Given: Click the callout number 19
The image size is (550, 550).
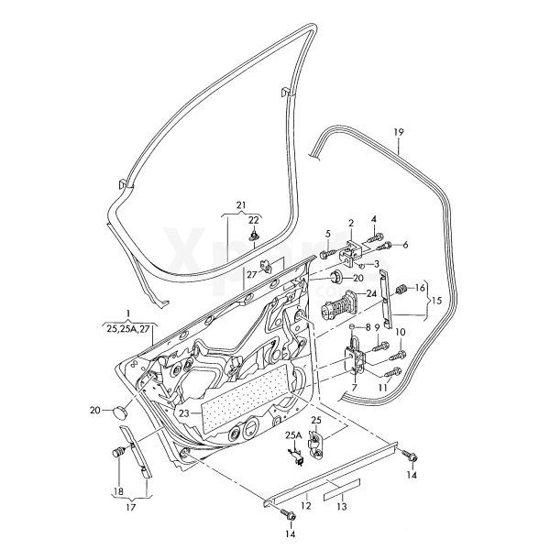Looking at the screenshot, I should pyautogui.click(x=399, y=133).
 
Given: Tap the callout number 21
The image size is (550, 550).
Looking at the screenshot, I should pyautogui.click(x=241, y=204).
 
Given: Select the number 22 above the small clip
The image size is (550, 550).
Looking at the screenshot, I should pyautogui.click(x=254, y=221).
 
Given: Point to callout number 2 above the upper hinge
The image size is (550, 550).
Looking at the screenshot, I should pyautogui.click(x=350, y=223).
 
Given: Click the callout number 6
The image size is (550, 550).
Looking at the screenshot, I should pyautogui.click(x=405, y=245).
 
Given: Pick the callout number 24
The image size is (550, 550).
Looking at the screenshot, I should pyautogui.click(x=371, y=294).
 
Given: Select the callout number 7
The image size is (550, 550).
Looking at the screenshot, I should pyautogui.click(x=354, y=389).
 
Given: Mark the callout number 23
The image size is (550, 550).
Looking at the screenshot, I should pyautogui.click(x=184, y=413).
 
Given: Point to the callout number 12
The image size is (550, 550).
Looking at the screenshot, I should pyautogui.click(x=307, y=504).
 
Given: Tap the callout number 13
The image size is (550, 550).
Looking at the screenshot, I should pyautogui.click(x=341, y=506).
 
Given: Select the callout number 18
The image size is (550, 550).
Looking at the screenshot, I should pyautogui.click(x=116, y=491).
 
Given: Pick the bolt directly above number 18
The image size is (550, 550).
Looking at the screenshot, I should pyautogui.click(x=117, y=453).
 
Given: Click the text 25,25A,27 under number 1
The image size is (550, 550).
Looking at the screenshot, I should pyautogui.click(x=127, y=325).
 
